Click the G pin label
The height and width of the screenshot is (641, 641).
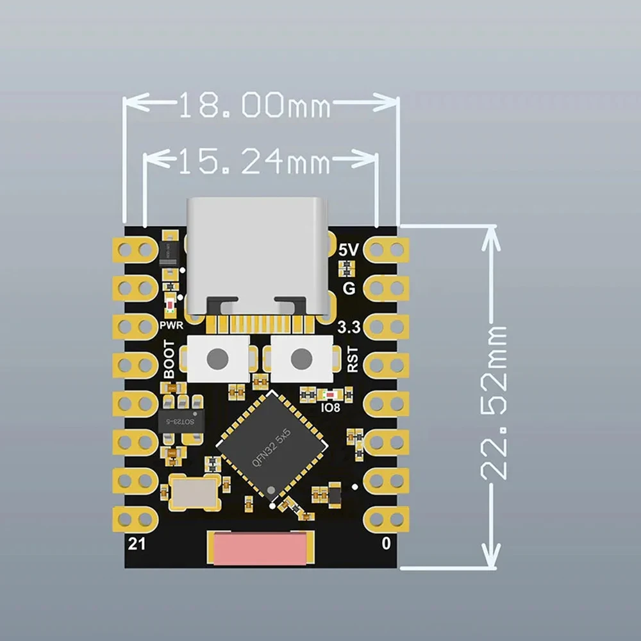(x=349, y=288)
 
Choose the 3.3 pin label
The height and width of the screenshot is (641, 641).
(x=349, y=328)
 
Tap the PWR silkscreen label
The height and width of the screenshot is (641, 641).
(x=172, y=325)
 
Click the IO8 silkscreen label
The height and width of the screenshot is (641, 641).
(x=329, y=406)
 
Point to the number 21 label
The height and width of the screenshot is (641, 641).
(x=137, y=545)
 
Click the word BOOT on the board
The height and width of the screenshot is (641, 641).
(x=169, y=359)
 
